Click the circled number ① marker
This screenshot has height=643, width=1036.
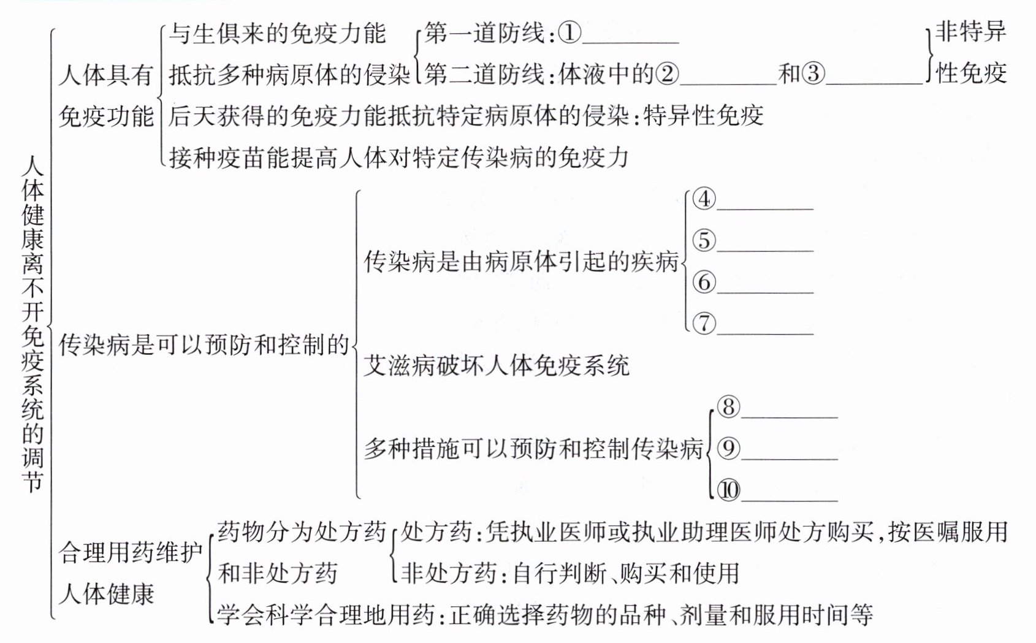click(x=569, y=32)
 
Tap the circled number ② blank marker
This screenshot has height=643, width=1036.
click(x=668, y=74)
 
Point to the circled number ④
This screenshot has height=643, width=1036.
click(x=704, y=199)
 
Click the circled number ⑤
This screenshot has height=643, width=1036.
click(x=704, y=240)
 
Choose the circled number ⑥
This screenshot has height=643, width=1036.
click(x=704, y=282)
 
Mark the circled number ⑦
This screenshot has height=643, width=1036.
click(x=704, y=323)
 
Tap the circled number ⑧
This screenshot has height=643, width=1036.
click(x=728, y=407)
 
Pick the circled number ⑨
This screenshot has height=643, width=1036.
click(x=728, y=449)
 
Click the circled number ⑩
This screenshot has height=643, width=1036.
click(x=728, y=490)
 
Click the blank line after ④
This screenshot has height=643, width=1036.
click(x=765, y=207)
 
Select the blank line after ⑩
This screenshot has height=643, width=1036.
click(x=790, y=499)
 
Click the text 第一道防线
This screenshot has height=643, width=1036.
click(x=484, y=33)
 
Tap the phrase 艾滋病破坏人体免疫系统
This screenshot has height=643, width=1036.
click(x=497, y=366)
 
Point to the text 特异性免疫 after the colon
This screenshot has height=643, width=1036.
click(x=704, y=116)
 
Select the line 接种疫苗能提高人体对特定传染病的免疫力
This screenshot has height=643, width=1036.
click(x=399, y=158)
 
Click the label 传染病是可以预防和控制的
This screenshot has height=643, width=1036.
click(x=204, y=345)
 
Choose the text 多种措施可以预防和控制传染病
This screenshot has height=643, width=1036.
click(x=533, y=449)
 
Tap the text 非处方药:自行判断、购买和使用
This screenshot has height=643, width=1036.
click(x=570, y=574)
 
